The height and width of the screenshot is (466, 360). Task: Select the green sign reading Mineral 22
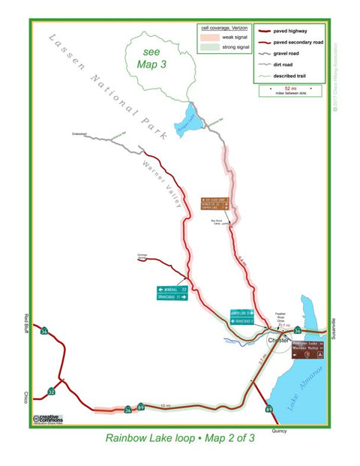172,290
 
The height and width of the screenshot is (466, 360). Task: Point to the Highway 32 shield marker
51,391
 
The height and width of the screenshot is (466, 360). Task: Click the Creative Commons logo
47,418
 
